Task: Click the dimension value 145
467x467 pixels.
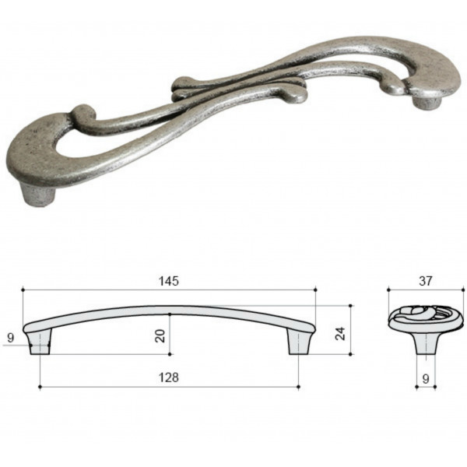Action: pos(169,281)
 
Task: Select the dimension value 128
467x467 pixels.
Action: pos(169,377)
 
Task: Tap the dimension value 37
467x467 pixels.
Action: pos(425,281)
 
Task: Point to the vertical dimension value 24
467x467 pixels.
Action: pos(340,333)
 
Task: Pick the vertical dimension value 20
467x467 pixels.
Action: pos(160,335)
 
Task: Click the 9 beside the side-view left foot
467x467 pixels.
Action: pos(10,338)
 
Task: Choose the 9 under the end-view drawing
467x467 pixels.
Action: pos(426,378)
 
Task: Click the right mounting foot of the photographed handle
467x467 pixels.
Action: pos(427,102)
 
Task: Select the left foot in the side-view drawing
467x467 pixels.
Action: pos(40,342)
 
